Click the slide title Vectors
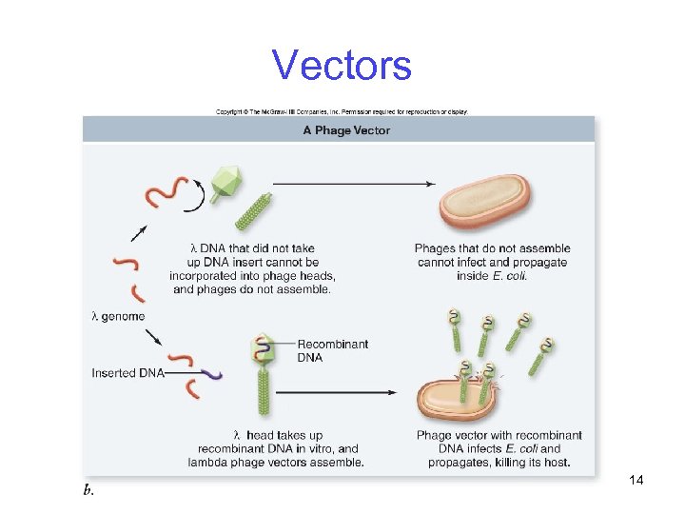click(x=342, y=65)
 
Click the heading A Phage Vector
click(x=346, y=130)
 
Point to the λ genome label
click(x=118, y=316)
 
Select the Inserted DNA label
click(x=127, y=373)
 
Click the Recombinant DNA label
click(x=333, y=350)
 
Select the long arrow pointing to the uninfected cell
click(x=354, y=183)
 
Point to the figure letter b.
click(x=88, y=491)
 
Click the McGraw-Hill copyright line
click(x=342, y=111)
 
